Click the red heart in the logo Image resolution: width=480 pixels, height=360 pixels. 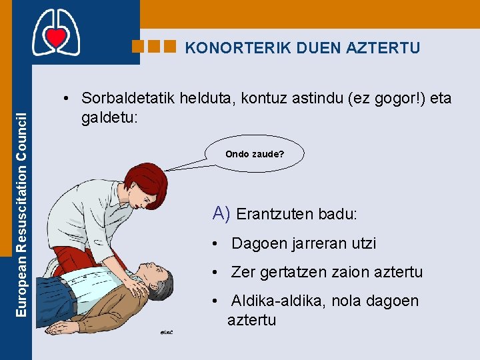pos(56,37)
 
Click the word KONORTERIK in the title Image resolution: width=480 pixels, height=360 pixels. pos(237,48)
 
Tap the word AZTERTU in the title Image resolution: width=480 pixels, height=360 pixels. pos(383,48)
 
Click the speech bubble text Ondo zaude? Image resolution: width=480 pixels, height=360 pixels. pos(255,154)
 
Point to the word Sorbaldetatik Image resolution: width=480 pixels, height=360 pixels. pos(128,98)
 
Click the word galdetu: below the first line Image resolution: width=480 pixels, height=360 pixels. pos(109,117)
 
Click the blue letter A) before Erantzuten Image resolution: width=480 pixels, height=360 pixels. pos(221,213)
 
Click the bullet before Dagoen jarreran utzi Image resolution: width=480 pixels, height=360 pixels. pos(215,244)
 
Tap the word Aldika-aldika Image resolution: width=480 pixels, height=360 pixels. pos(276,301)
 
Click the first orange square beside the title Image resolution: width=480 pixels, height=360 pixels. pos(138,47)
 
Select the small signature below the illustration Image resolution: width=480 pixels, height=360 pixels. pos(166,333)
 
